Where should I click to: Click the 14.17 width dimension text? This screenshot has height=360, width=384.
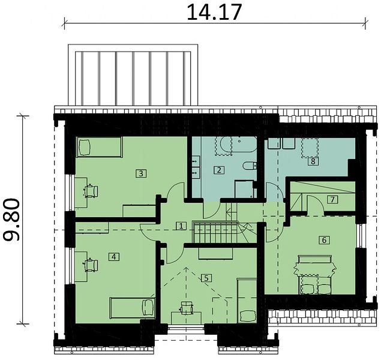[214, 12]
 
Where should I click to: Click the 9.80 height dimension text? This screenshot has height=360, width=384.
[11, 220]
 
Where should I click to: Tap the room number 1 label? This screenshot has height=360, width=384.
[181, 226]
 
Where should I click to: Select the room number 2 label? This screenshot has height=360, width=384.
[218, 170]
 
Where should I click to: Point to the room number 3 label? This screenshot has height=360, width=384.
[141, 173]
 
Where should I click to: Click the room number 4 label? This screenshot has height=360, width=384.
[113, 257]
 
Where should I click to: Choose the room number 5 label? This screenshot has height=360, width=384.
[206, 278]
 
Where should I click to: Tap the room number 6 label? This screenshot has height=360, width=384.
[324, 240]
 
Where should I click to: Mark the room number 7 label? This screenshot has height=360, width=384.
[332, 200]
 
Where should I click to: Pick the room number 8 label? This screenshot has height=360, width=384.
[313, 161]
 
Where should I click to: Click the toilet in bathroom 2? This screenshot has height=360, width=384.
[250, 166]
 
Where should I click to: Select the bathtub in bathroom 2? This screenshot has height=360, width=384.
[238, 145]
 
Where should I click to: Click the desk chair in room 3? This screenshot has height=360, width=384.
[91, 191]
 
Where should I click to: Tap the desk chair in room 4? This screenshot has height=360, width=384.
[91, 265]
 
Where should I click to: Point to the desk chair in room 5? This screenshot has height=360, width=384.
[187, 308]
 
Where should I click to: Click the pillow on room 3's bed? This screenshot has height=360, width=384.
[84, 147]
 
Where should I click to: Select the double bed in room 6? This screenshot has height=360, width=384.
[314, 274]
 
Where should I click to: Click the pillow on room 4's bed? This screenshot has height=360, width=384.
[148, 308]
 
